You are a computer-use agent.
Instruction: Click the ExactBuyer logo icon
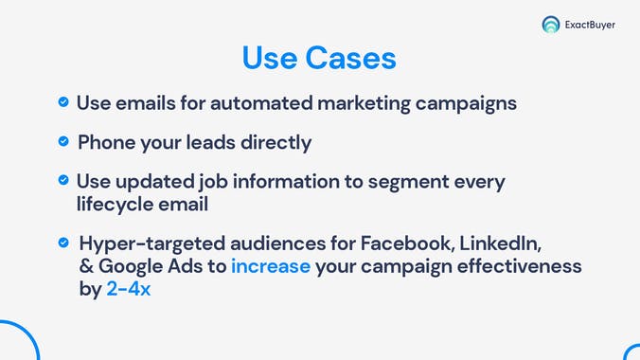coord(550,25)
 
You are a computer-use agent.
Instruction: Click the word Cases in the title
coord(350,58)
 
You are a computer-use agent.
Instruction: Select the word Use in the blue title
coord(270,58)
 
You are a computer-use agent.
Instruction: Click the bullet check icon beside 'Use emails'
coord(62,101)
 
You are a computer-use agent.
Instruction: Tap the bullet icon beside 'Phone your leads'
coord(62,141)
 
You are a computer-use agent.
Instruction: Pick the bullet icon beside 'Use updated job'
coord(62,179)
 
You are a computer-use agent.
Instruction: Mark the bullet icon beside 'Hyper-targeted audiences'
coord(62,242)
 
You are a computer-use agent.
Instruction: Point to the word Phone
coord(107,142)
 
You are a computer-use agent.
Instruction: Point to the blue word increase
coord(271,266)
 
